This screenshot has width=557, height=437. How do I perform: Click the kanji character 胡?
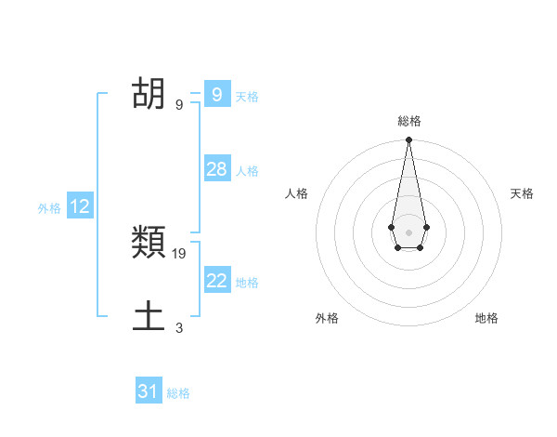click(149, 94)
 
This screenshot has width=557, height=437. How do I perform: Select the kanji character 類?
click(149, 245)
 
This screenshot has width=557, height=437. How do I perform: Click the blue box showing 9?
click(216, 94)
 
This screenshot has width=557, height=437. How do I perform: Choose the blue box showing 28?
click(216, 169)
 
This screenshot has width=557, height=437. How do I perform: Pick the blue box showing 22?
click(216, 281)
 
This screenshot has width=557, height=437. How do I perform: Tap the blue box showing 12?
click(80, 207)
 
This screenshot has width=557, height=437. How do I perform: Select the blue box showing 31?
click(149, 391)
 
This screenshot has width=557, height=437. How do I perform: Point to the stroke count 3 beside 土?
click(179, 327)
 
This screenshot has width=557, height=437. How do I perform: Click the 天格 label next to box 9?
click(247, 97)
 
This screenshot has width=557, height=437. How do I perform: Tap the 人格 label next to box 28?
click(247, 171)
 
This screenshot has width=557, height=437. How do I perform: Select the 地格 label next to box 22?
click(247, 283)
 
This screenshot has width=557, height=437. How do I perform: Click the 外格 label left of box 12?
click(49, 209)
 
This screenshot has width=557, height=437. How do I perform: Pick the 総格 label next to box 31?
click(178, 393)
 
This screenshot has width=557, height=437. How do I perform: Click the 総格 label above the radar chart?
click(408, 121)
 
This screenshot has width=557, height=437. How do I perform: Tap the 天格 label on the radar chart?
click(522, 193)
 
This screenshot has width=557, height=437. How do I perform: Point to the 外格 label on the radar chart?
click(327, 318)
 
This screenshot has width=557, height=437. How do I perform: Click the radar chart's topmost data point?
click(408, 140)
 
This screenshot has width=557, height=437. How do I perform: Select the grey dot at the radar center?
click(408, 232)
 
